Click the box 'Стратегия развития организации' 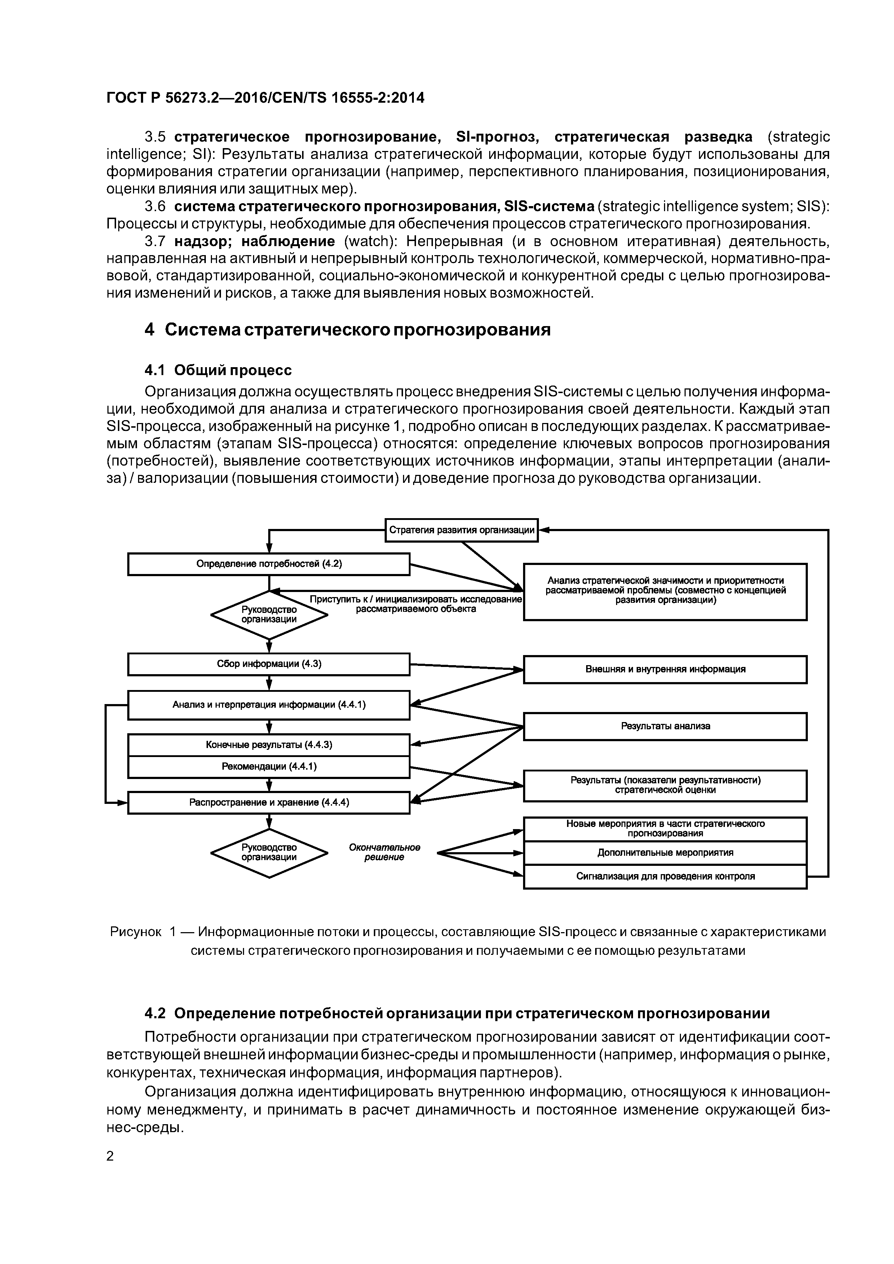coord(461,530)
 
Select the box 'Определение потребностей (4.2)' coord(269,564)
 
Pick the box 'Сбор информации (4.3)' coord(269,664)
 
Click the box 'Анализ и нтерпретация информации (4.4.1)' coord(269,705)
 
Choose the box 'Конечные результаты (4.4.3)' coord(269,745)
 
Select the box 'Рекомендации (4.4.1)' coord(269,766)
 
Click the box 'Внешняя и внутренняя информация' coord(665,669)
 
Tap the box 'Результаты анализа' coord(665,726)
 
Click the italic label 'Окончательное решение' coord(385,852)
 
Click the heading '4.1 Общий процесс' coord(218,370)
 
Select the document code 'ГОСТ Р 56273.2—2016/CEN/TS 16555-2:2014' coord(266,98)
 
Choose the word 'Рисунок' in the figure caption coord(136,932)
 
